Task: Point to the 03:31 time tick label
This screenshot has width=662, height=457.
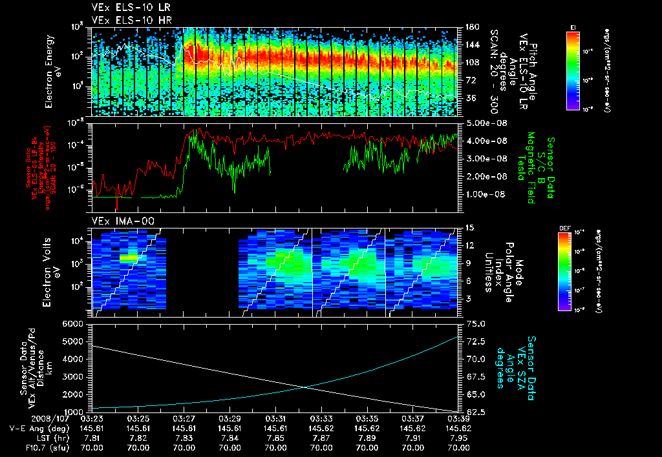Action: [x=276, y=418]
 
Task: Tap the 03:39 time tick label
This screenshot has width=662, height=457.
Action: [x=459, y=418]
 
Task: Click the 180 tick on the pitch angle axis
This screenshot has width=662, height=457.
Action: [x=471, y=27]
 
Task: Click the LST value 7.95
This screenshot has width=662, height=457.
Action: [x=459, y=438]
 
